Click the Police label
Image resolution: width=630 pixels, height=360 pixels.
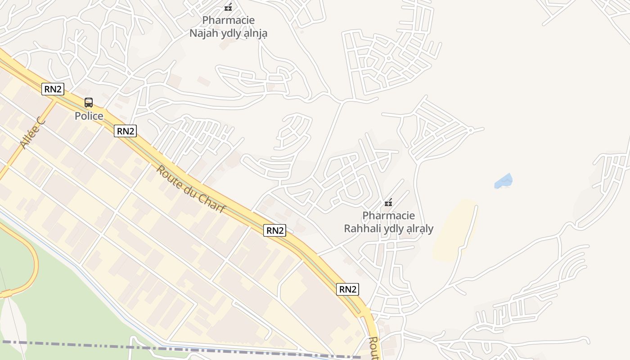pos(89,116)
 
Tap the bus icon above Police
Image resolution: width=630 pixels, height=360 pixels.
pos(89,103)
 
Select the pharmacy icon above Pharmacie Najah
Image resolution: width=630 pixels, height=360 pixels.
pos(228,7)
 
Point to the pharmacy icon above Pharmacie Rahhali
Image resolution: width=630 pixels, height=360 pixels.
pos(388,202)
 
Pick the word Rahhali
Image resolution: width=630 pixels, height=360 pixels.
pos(362,229)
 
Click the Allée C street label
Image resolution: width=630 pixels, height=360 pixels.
pos(32,132)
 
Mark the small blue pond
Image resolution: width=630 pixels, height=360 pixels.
pos(504,181)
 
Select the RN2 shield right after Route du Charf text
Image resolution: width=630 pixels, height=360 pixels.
pos(275,230)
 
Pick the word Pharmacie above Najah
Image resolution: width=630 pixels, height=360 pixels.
pos(228,20)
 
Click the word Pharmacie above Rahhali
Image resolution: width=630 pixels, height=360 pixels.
pos(388,216)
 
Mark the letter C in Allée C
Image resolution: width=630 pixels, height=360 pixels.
pos(40,121)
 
